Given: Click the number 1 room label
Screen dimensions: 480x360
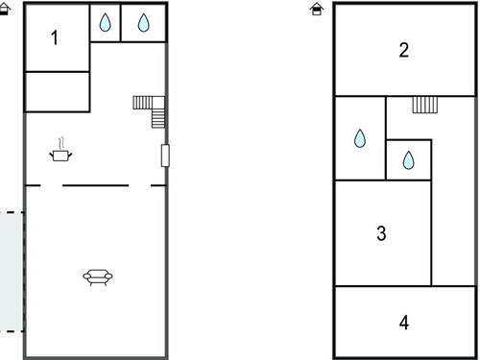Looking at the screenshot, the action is coord(55,37).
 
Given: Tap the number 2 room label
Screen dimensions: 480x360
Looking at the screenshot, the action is coord(404,50).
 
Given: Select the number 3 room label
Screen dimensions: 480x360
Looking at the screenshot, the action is coord(381,233).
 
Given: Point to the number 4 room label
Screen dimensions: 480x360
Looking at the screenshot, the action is coord(404,323).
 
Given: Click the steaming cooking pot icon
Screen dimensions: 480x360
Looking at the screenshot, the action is coord(60,150).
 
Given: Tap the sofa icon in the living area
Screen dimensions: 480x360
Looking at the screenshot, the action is coord(98,277).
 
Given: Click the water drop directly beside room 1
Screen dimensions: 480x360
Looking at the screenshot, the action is coord(105,22).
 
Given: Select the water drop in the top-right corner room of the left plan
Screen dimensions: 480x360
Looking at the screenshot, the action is coord(143,23).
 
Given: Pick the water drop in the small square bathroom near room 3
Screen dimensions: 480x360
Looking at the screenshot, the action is coord(408,160).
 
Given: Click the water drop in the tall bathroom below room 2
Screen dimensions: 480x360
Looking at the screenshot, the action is coord(360,138).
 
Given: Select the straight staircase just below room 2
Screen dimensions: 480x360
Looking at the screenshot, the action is coord(425,105).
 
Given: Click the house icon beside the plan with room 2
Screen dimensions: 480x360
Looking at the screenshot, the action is coord(317,9).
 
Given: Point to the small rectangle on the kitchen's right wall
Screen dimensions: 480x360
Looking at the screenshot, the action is coord(165,156).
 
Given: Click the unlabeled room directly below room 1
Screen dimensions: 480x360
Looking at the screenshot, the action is coord(58,92).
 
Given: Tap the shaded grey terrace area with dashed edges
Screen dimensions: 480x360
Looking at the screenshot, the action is coord(12,272).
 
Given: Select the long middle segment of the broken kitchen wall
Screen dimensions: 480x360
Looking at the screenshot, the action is coord(96,185).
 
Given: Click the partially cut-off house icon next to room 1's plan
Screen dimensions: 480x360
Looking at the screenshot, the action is coord(5,9).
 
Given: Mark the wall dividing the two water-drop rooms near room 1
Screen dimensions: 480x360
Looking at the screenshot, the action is coord(121,22).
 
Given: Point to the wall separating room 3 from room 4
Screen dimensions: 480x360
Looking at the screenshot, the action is coord(405,286).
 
